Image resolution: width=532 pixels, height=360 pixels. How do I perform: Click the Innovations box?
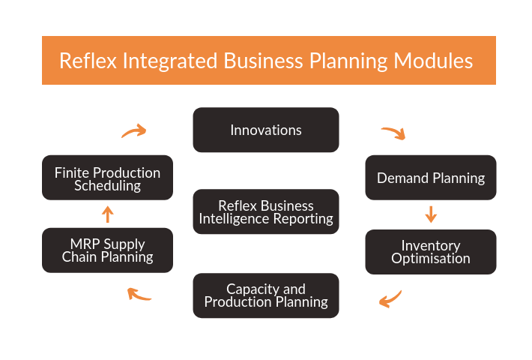click(x=266, y=130)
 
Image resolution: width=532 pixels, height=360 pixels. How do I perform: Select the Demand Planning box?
click(x=431, y=178)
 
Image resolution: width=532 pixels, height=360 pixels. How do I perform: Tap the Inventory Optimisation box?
click(x=431, y=252)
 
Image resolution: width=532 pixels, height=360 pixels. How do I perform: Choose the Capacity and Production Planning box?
click(x=266, y=295)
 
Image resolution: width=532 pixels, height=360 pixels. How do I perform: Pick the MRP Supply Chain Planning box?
click(x=108, y=250)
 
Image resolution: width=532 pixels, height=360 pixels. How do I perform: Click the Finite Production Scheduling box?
click(x=108, y=178)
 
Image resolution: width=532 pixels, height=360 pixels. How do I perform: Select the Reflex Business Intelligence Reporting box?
click(x=266, y=211)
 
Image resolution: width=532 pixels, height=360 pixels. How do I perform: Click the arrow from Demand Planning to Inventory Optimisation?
click(x=431, y=214)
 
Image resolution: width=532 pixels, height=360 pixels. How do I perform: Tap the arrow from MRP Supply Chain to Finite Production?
click(x=108, y=214)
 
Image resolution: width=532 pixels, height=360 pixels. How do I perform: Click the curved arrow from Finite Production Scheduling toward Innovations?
click(x=135, y=130)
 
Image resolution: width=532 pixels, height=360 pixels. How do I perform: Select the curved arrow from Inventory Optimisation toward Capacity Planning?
click(x=392, y=299)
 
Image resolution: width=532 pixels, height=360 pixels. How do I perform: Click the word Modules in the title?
click(x=433, y=61)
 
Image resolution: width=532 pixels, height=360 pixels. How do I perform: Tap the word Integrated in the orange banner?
click(x=169, y=61)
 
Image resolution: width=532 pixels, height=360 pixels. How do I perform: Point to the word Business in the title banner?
click(x=263, y=61)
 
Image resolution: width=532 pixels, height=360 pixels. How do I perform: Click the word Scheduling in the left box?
click(x=108, y=186)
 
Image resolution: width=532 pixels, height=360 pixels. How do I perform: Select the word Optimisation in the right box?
click(x=431, y=259)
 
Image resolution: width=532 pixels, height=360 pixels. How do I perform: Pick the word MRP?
click(x=85, y=244)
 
